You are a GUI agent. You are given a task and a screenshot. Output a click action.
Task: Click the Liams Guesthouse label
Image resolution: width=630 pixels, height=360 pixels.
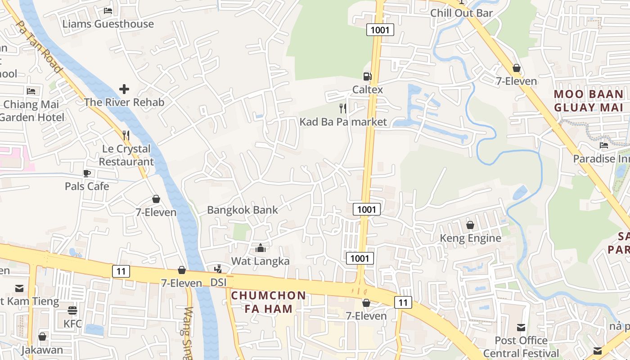(x=108, y=24)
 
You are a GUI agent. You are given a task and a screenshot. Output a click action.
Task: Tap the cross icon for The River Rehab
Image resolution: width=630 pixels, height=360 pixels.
(x=124, y=89)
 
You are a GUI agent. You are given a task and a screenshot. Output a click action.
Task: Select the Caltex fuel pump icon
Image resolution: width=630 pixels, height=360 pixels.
(x=368, y=76)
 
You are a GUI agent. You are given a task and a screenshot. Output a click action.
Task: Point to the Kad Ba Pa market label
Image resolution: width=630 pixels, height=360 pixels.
(x=343, y=122)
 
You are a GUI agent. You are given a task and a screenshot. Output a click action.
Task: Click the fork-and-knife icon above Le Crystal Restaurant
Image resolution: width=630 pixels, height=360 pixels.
(x=126, y=135)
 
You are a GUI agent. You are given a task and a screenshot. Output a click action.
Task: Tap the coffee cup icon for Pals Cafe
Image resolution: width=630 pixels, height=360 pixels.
(x=87, y=173)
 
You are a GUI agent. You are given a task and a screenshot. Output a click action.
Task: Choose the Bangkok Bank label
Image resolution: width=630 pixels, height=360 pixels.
(x=243, y=210)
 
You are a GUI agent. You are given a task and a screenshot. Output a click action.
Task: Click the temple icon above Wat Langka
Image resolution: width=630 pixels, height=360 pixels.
(x=261, y=248)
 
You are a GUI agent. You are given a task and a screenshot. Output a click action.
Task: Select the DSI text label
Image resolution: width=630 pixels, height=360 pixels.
(x=219, y=283)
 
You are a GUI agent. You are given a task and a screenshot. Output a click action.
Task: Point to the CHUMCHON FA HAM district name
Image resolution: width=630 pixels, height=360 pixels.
(x=269, y=302)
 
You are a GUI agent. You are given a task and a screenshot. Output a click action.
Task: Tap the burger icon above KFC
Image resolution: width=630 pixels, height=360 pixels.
(x=72, y=310)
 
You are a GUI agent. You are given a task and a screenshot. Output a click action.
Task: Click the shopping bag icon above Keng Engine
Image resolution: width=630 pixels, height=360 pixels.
(x=470, y=225)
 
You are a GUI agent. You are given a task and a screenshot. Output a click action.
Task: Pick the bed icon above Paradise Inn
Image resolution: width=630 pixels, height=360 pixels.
(x=604, y=145)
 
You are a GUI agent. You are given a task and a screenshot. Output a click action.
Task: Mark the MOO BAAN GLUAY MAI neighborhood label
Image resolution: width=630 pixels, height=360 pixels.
(x=589, y=101)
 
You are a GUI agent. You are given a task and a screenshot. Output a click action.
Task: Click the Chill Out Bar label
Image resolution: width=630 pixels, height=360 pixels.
(x=462, y=13)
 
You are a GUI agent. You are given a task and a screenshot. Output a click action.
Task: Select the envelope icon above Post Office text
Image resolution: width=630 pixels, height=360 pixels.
(x=521, y=327)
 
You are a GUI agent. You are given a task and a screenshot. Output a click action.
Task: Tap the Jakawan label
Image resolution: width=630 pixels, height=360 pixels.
(x=42, y=350)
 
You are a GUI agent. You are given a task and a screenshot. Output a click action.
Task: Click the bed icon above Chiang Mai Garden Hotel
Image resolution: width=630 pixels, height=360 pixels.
(x=31, y=91)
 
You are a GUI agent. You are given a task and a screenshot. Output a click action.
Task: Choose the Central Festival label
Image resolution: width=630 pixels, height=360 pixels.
(x=521, y=353)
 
